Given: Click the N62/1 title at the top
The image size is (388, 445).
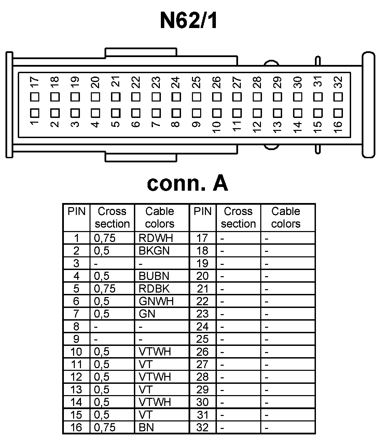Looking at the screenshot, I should (189, 21).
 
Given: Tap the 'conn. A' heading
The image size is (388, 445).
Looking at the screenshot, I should (187, 183).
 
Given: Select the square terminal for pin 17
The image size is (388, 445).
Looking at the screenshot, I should (34, 97).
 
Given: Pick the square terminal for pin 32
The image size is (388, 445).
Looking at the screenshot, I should (338, 97).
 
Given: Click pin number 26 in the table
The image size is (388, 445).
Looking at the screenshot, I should (202, 352).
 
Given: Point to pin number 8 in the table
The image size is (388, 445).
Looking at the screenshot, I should (76, 326).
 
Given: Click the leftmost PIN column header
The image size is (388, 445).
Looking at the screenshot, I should (77, 212).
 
